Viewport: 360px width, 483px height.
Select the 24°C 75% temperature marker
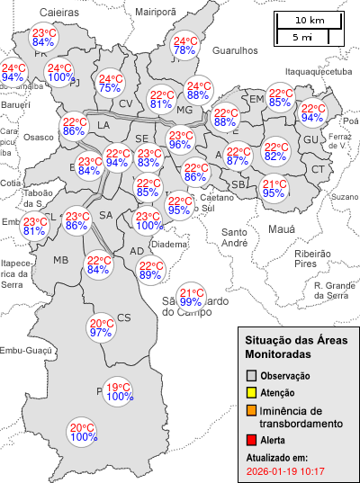(110, 84)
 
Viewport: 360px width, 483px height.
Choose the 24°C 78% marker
(185, 46)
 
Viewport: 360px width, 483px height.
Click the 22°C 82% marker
(275, 152)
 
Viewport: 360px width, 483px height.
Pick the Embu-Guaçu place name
(24, 351)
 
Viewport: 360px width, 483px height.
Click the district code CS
(124, 318)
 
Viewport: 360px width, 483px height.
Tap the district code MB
(61, 260)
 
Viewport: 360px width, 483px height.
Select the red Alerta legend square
(252, 440)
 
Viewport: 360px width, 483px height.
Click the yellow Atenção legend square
(252, 392)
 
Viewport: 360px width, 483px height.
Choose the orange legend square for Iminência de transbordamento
(252, 411)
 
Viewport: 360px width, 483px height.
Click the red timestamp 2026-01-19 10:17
(285, 470)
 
